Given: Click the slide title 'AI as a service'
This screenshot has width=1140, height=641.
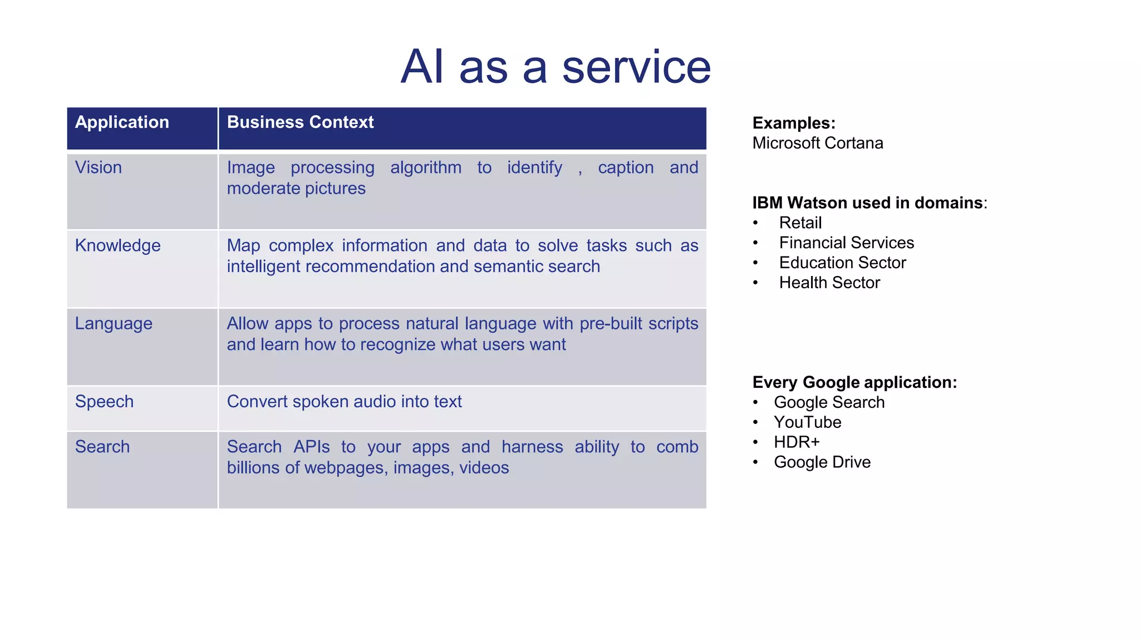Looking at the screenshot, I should (x=556, y=67).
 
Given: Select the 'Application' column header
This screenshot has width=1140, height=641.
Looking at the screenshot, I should (x=122, y=122).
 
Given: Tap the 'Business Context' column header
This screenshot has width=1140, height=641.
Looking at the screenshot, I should (x=300, y=122).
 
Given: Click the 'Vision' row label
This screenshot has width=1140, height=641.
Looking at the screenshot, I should (x=99, y=167).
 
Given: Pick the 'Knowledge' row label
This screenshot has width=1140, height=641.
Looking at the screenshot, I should (x=117, y=245).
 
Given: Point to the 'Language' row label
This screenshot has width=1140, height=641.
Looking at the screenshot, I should (x=114, y=323).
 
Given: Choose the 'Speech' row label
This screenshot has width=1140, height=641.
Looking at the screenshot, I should (x=104, y=401).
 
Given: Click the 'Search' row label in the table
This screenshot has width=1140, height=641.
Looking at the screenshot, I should (x=102, y=447).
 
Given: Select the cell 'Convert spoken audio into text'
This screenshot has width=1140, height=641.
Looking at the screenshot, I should (x=344, y=401).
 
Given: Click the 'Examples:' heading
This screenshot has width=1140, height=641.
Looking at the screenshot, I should (x=794, y=123).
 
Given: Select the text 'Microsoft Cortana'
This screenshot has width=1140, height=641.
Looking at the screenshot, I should (x=817, y=143).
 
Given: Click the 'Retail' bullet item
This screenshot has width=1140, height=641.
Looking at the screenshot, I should (x=800, y=223).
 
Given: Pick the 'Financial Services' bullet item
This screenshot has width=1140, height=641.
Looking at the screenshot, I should (x=846, y=243).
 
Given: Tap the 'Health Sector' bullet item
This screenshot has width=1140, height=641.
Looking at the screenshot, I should (x=829, y=283).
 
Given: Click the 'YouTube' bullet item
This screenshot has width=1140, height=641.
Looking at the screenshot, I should (x=807, y=422).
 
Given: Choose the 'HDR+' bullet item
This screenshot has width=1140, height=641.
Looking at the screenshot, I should (x=797, y=442).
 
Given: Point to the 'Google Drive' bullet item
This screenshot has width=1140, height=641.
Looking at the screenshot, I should (x=822, y=462).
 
